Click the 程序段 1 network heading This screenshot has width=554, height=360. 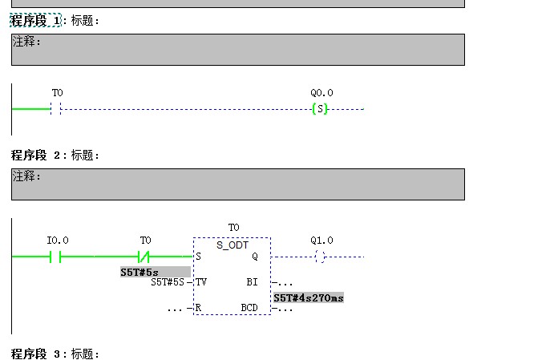point(36,20)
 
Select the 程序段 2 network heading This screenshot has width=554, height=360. point(36,155)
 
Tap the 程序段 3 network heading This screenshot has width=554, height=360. point(36,354)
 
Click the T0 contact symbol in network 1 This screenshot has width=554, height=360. point(56,109)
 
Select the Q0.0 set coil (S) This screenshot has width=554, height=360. point(320,109)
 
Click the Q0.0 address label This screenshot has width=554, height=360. point(321,93)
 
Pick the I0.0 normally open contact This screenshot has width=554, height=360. point(56,257)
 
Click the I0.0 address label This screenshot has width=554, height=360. point(58,241)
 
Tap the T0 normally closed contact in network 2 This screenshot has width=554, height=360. point(144,257)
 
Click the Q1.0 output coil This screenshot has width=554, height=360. point(320,257)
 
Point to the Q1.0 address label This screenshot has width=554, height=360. point(321,241)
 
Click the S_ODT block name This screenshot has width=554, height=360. point(233,245)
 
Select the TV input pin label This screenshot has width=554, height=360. point(201,282)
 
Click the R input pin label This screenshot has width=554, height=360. point(198,308)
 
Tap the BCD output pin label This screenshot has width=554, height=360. point(249,308)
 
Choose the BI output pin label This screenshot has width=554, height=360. point(253,282)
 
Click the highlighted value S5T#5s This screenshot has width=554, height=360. point(140,273)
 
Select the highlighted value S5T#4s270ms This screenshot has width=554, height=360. point(309,297)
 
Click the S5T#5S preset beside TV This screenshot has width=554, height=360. point(168,282)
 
